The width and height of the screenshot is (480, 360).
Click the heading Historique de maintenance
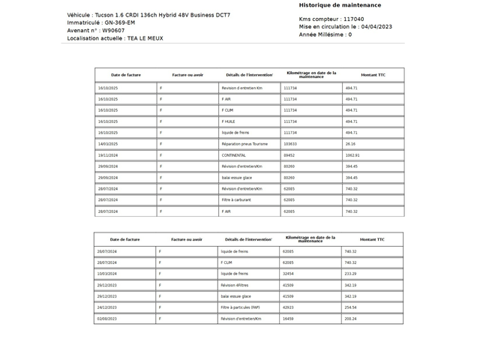tap(340, 5)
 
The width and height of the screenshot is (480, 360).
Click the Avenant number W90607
tap(115, 31)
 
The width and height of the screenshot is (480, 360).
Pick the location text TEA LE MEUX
tap(145, 38)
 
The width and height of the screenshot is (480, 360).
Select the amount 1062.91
tap(352, 155)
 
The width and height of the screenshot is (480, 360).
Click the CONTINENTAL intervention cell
tap(234, 155)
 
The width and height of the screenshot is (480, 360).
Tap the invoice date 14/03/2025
tap(108, 144)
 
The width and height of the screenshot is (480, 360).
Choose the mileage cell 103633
tap(290, 144)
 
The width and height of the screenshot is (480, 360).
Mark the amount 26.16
tap(350, 144)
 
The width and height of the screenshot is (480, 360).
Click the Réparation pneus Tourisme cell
tap(244, 144)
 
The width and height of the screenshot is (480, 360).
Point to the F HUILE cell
tap(229, 121)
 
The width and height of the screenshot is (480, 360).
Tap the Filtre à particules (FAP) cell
tap(241, 307)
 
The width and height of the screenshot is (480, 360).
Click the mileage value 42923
tap(288, 307)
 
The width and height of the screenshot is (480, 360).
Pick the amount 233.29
tap(350, 274)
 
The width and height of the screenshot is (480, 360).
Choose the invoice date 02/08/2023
tap(106, 319)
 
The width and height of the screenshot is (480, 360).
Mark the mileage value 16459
tap(288, 319)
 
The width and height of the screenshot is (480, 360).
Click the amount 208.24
tap(350, 319)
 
